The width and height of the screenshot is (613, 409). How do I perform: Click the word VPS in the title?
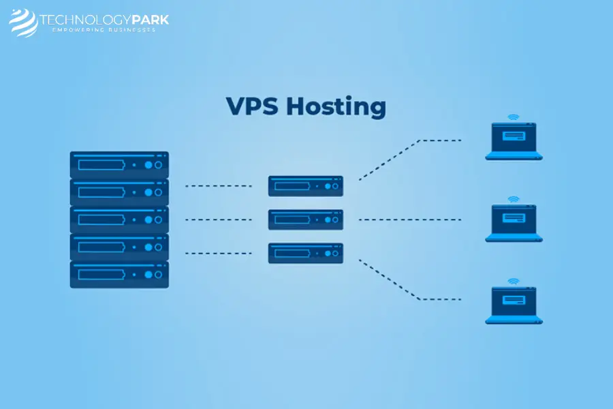[x=252, y=106]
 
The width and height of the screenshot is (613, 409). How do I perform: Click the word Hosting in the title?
[x=336, y=107]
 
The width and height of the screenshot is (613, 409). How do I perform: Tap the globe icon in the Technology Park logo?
[x=23, y=22]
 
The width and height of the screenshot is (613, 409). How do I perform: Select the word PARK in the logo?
[x=150, y=20]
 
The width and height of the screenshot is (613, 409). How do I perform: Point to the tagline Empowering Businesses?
[x=104, y=30]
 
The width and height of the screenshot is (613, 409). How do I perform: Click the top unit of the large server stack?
[x=119, y=165]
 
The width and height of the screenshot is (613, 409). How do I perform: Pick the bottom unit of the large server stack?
[x=119, y=274]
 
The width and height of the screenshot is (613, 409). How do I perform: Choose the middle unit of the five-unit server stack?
[x=119, y=219]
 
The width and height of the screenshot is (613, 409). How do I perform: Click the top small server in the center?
[x=306, y=186]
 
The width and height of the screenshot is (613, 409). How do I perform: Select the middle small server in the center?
[x=306, y=219]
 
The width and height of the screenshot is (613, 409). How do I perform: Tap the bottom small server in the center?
[x=306, y=253]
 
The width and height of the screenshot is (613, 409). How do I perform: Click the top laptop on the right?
[x=514, y=141]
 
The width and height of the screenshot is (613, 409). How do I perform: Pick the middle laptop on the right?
[x=514, y=223]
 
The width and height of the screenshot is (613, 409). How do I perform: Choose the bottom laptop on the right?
[x=514, y=305]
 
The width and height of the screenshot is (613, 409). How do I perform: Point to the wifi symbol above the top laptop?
[x=514, y=117]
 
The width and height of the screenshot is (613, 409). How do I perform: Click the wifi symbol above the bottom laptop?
[x=514, y=282]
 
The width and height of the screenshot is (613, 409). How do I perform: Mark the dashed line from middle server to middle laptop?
[x=410, y=219]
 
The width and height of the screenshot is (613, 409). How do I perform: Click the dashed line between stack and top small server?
[x=219, y=186]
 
